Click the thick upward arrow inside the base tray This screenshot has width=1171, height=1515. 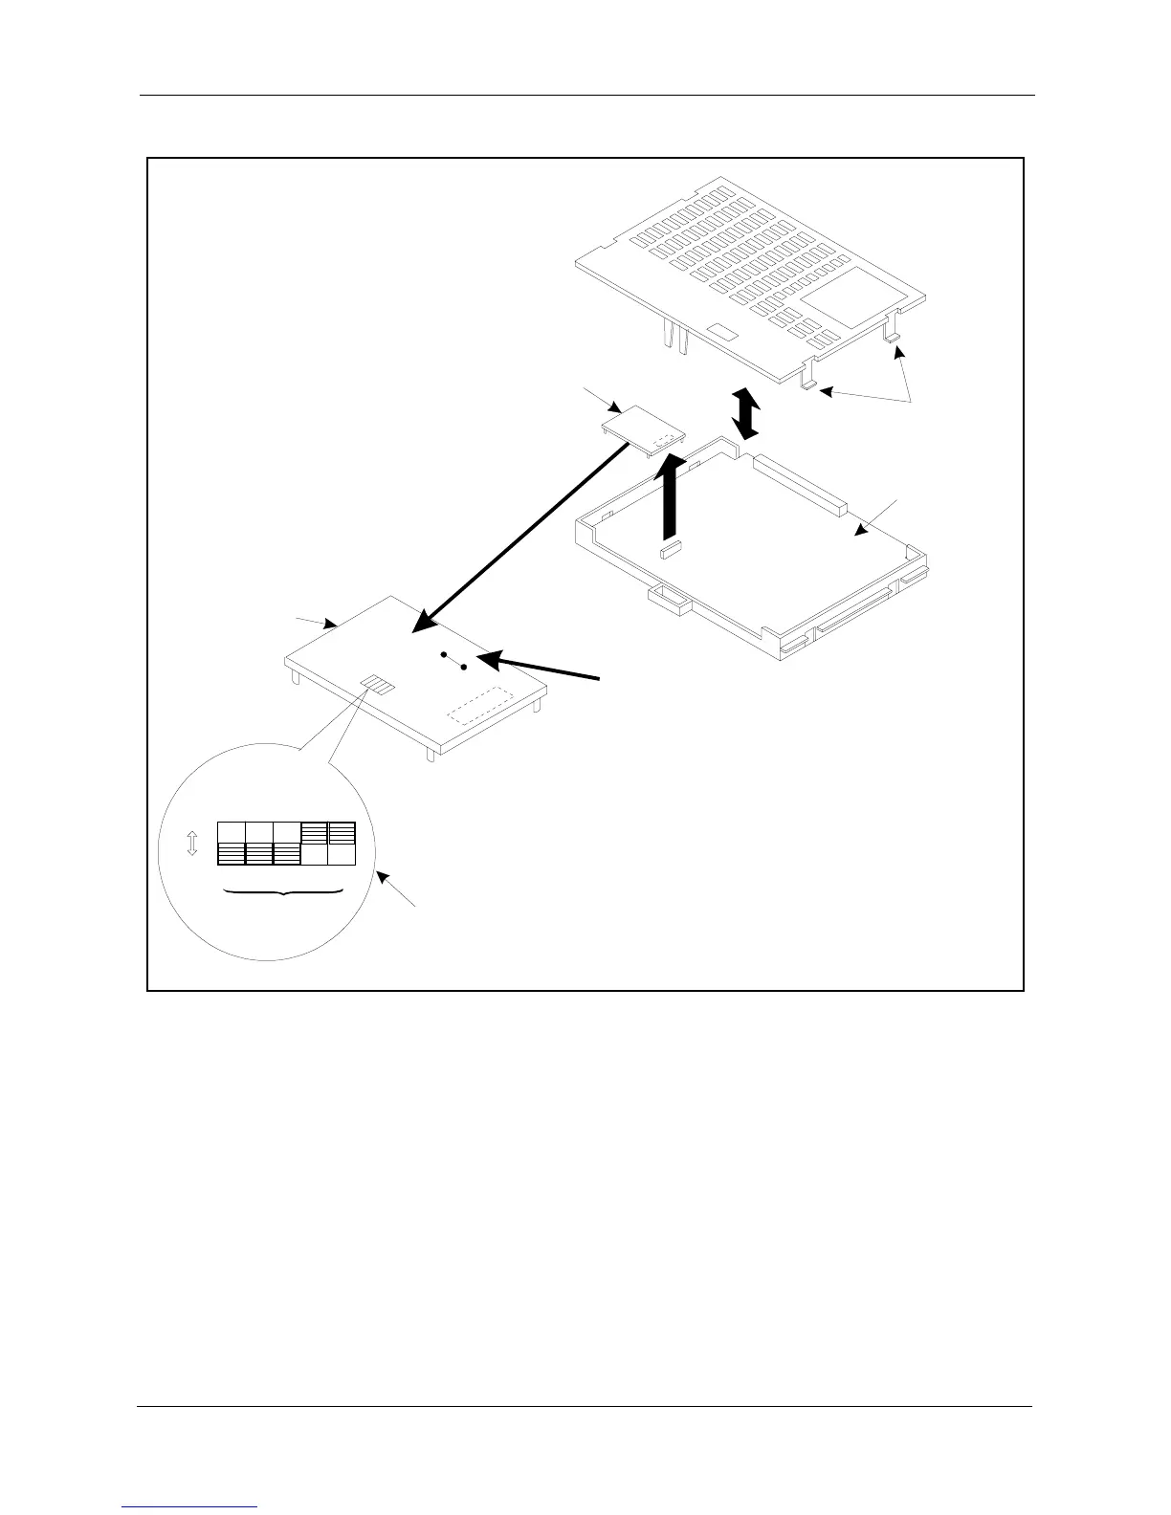674,493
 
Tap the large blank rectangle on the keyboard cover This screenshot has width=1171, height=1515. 844,297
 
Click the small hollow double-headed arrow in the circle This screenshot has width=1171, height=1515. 192,844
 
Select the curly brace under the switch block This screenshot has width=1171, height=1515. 284,892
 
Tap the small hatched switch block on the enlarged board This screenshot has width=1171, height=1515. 379,685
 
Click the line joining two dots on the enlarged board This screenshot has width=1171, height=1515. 453,661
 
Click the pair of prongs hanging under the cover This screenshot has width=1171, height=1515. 674,337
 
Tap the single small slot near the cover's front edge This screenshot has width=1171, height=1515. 722,331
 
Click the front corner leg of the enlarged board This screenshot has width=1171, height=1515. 431,754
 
